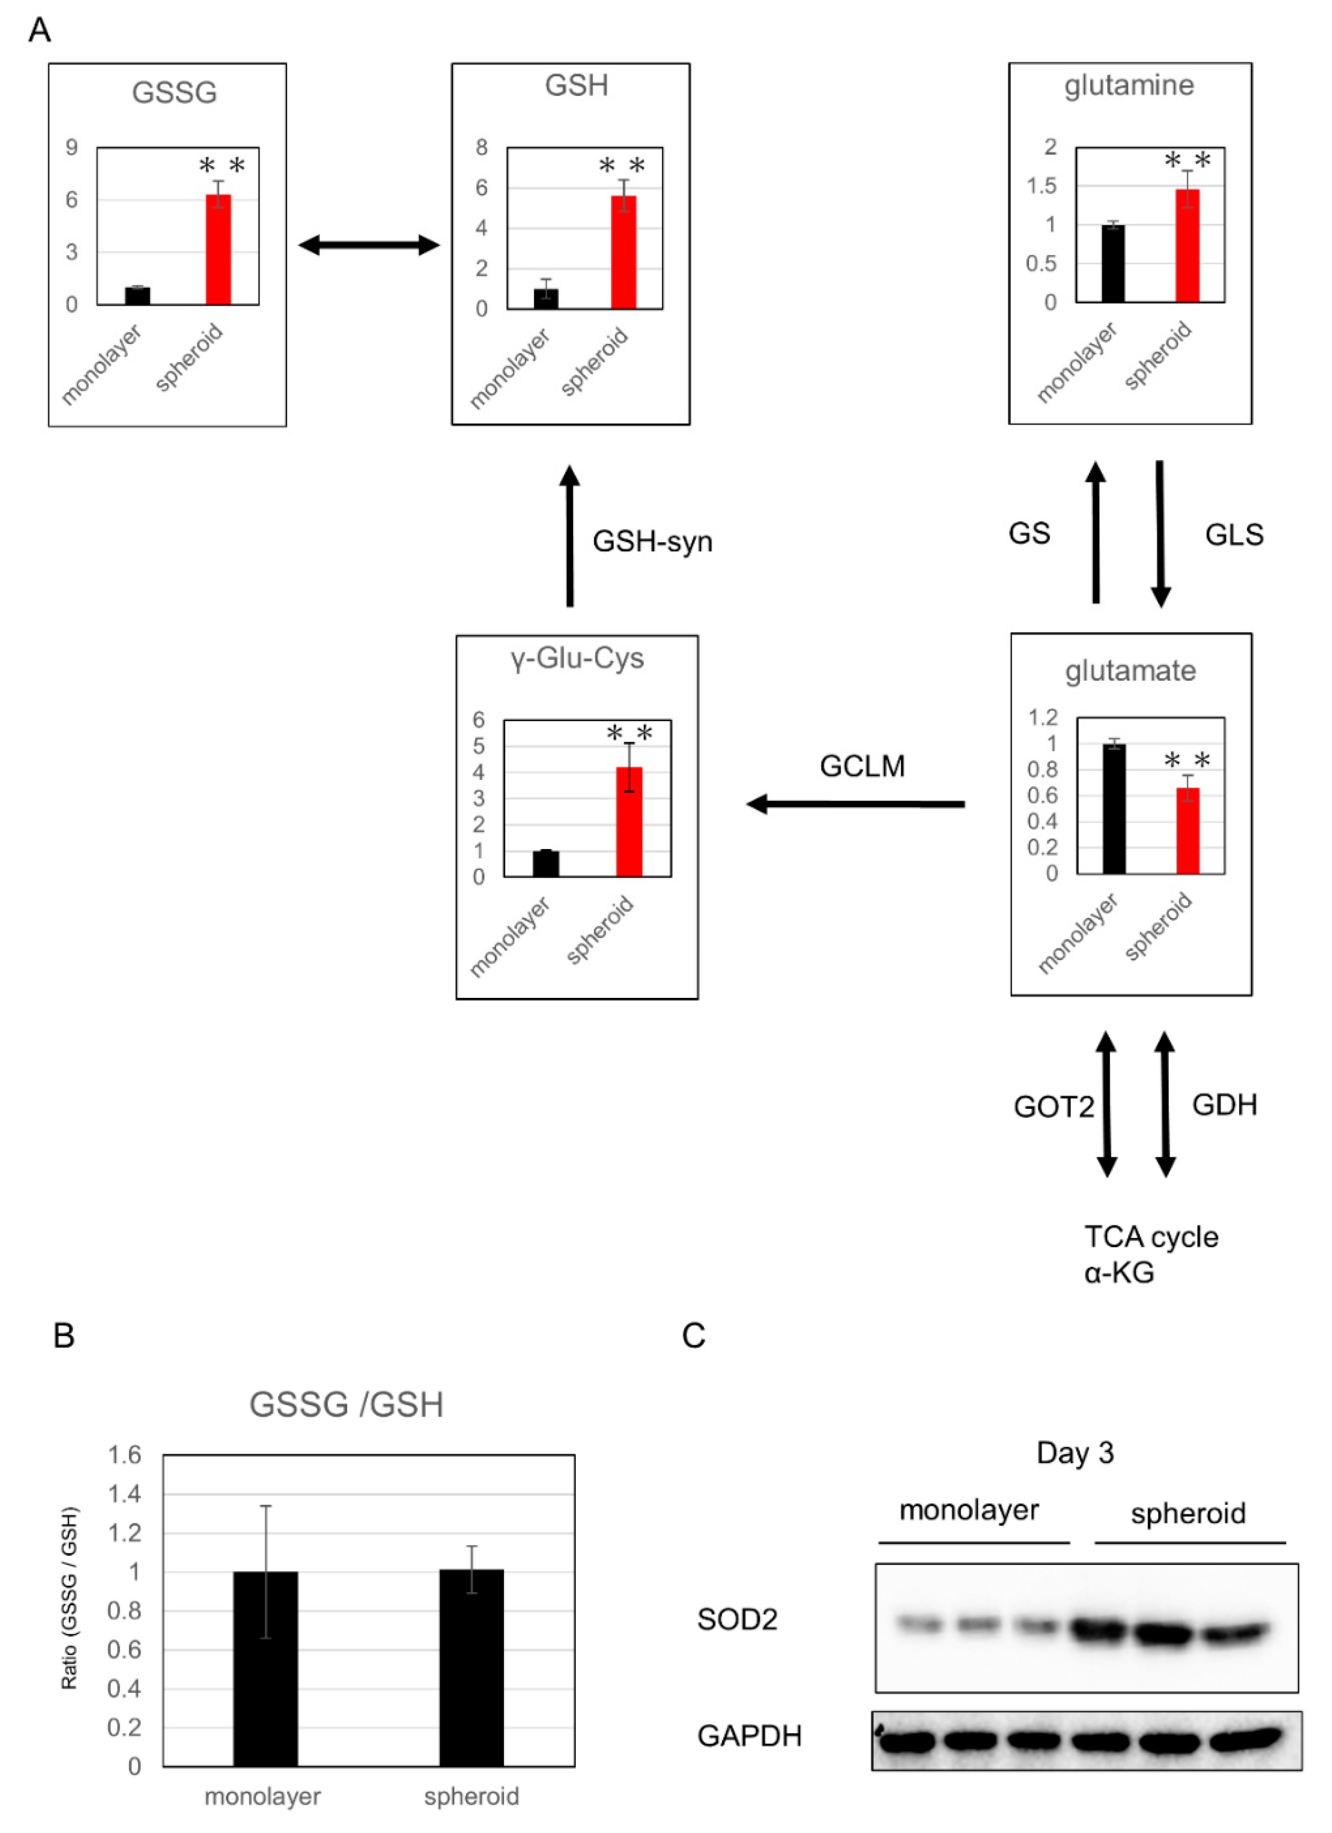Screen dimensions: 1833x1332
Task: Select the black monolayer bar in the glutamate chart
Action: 1114,808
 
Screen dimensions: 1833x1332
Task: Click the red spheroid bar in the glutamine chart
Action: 1186,246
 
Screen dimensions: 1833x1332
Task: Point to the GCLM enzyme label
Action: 862,766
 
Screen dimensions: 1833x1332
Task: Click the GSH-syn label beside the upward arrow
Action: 652,541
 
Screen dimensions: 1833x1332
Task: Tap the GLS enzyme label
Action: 1234,534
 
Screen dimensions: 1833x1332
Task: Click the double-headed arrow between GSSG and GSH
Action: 368,245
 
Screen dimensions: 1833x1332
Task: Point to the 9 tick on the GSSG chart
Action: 72,147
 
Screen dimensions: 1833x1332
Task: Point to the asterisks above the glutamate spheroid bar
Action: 1186,760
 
